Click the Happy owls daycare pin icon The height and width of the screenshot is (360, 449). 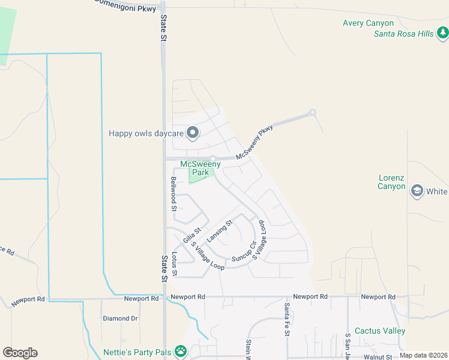pos(193,133)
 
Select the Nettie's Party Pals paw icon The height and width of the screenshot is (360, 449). pos(181,351)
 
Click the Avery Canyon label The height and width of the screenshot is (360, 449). pos(368,23)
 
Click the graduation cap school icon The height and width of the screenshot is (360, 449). pos(416,191)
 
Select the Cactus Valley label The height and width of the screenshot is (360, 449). pos(380,331)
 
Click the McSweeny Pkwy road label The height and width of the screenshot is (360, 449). pos(255,142)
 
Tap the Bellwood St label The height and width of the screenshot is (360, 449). pos(173,194)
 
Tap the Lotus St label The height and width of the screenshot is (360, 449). pos(175,264)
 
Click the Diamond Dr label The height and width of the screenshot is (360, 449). pos(120,318)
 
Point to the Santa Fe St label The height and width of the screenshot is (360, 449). pos(287,320)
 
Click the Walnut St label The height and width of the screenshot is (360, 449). pos(378,357)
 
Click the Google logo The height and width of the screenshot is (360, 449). pos(20,353)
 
